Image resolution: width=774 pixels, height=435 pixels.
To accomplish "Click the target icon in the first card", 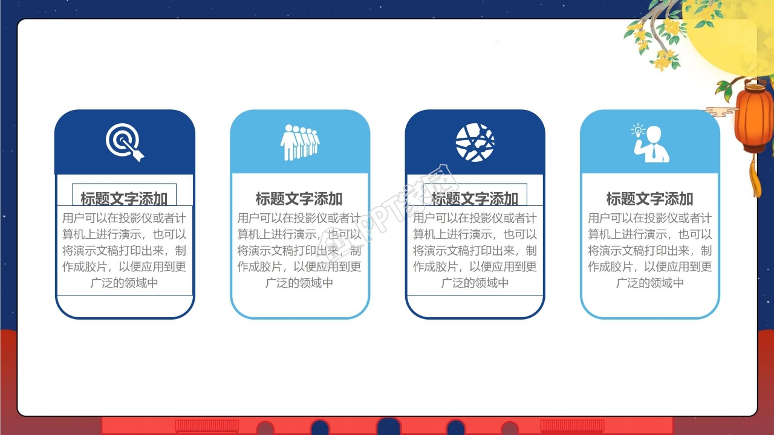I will coord(124,141).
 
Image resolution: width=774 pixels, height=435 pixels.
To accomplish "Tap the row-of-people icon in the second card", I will coord(299,142).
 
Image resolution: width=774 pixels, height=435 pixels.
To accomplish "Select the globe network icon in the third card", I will coord(475,142).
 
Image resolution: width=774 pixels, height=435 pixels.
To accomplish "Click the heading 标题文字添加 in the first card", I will coord(124,198).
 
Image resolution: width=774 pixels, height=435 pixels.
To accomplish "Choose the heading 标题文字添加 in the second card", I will coord(299,198).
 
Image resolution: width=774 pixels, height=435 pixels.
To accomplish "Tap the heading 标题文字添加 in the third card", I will coord(475,198).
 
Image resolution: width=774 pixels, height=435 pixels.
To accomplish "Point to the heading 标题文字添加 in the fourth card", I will coord(650,198).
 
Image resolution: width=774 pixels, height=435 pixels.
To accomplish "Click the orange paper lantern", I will coord(753,118).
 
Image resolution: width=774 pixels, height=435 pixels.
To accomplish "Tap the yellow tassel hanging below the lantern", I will coord(755,178).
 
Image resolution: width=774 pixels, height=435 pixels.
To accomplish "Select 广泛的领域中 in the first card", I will coord(124,283).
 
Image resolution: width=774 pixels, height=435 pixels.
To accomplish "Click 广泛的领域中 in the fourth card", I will coord(650,283).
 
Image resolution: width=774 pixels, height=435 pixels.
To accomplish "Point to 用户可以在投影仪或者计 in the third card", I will coord(475,218).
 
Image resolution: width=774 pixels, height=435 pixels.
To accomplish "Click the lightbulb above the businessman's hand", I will coord(638,130).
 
